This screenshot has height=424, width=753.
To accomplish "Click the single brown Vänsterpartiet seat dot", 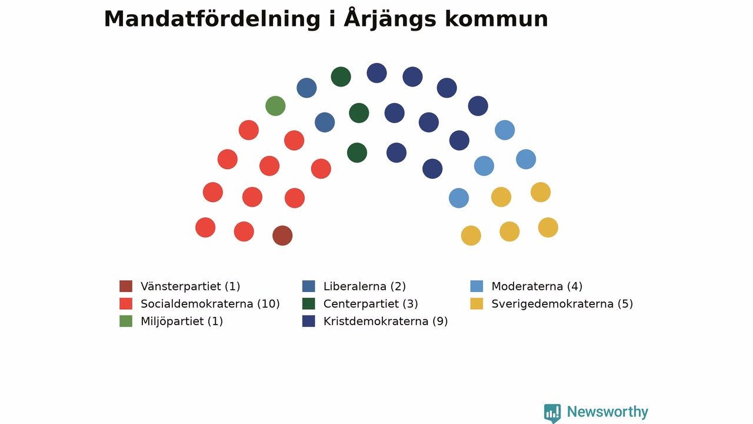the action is pos(282,236).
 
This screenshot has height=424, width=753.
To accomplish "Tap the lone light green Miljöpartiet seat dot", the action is pos(275,106).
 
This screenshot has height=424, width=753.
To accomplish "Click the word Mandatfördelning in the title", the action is pos(212,19).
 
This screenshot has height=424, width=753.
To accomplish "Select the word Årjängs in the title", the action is pos(389,19).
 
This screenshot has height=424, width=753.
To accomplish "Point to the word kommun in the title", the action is pos(497,19).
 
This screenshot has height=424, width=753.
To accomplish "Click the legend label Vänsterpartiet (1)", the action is pos(190,286).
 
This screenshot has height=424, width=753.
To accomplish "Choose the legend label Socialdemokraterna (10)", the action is pos(210,304).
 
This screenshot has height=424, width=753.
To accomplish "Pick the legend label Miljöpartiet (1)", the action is pos(182,322).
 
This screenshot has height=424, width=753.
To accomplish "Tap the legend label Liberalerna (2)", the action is pos(364,286).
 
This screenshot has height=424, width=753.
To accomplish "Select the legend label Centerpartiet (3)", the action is pos(371,304).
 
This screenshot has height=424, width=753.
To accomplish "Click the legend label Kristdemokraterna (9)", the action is pos(385,322).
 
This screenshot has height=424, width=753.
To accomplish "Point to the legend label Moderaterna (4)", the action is pos(537,286).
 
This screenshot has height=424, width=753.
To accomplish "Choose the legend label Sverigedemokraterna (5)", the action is pos(562,304).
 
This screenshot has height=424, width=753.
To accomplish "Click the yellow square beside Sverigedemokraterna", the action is pos(477,303).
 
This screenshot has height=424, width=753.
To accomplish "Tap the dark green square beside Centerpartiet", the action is pos(309,303).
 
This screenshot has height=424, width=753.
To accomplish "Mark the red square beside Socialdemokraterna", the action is pos(126,303).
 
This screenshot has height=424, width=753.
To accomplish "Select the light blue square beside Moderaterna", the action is pos(477,286).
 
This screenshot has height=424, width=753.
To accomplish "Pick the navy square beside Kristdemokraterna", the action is pos(309,321).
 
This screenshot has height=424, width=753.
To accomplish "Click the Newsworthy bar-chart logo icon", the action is pos(552,413).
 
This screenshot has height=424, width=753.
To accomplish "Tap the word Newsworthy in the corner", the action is pos(608,412).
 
